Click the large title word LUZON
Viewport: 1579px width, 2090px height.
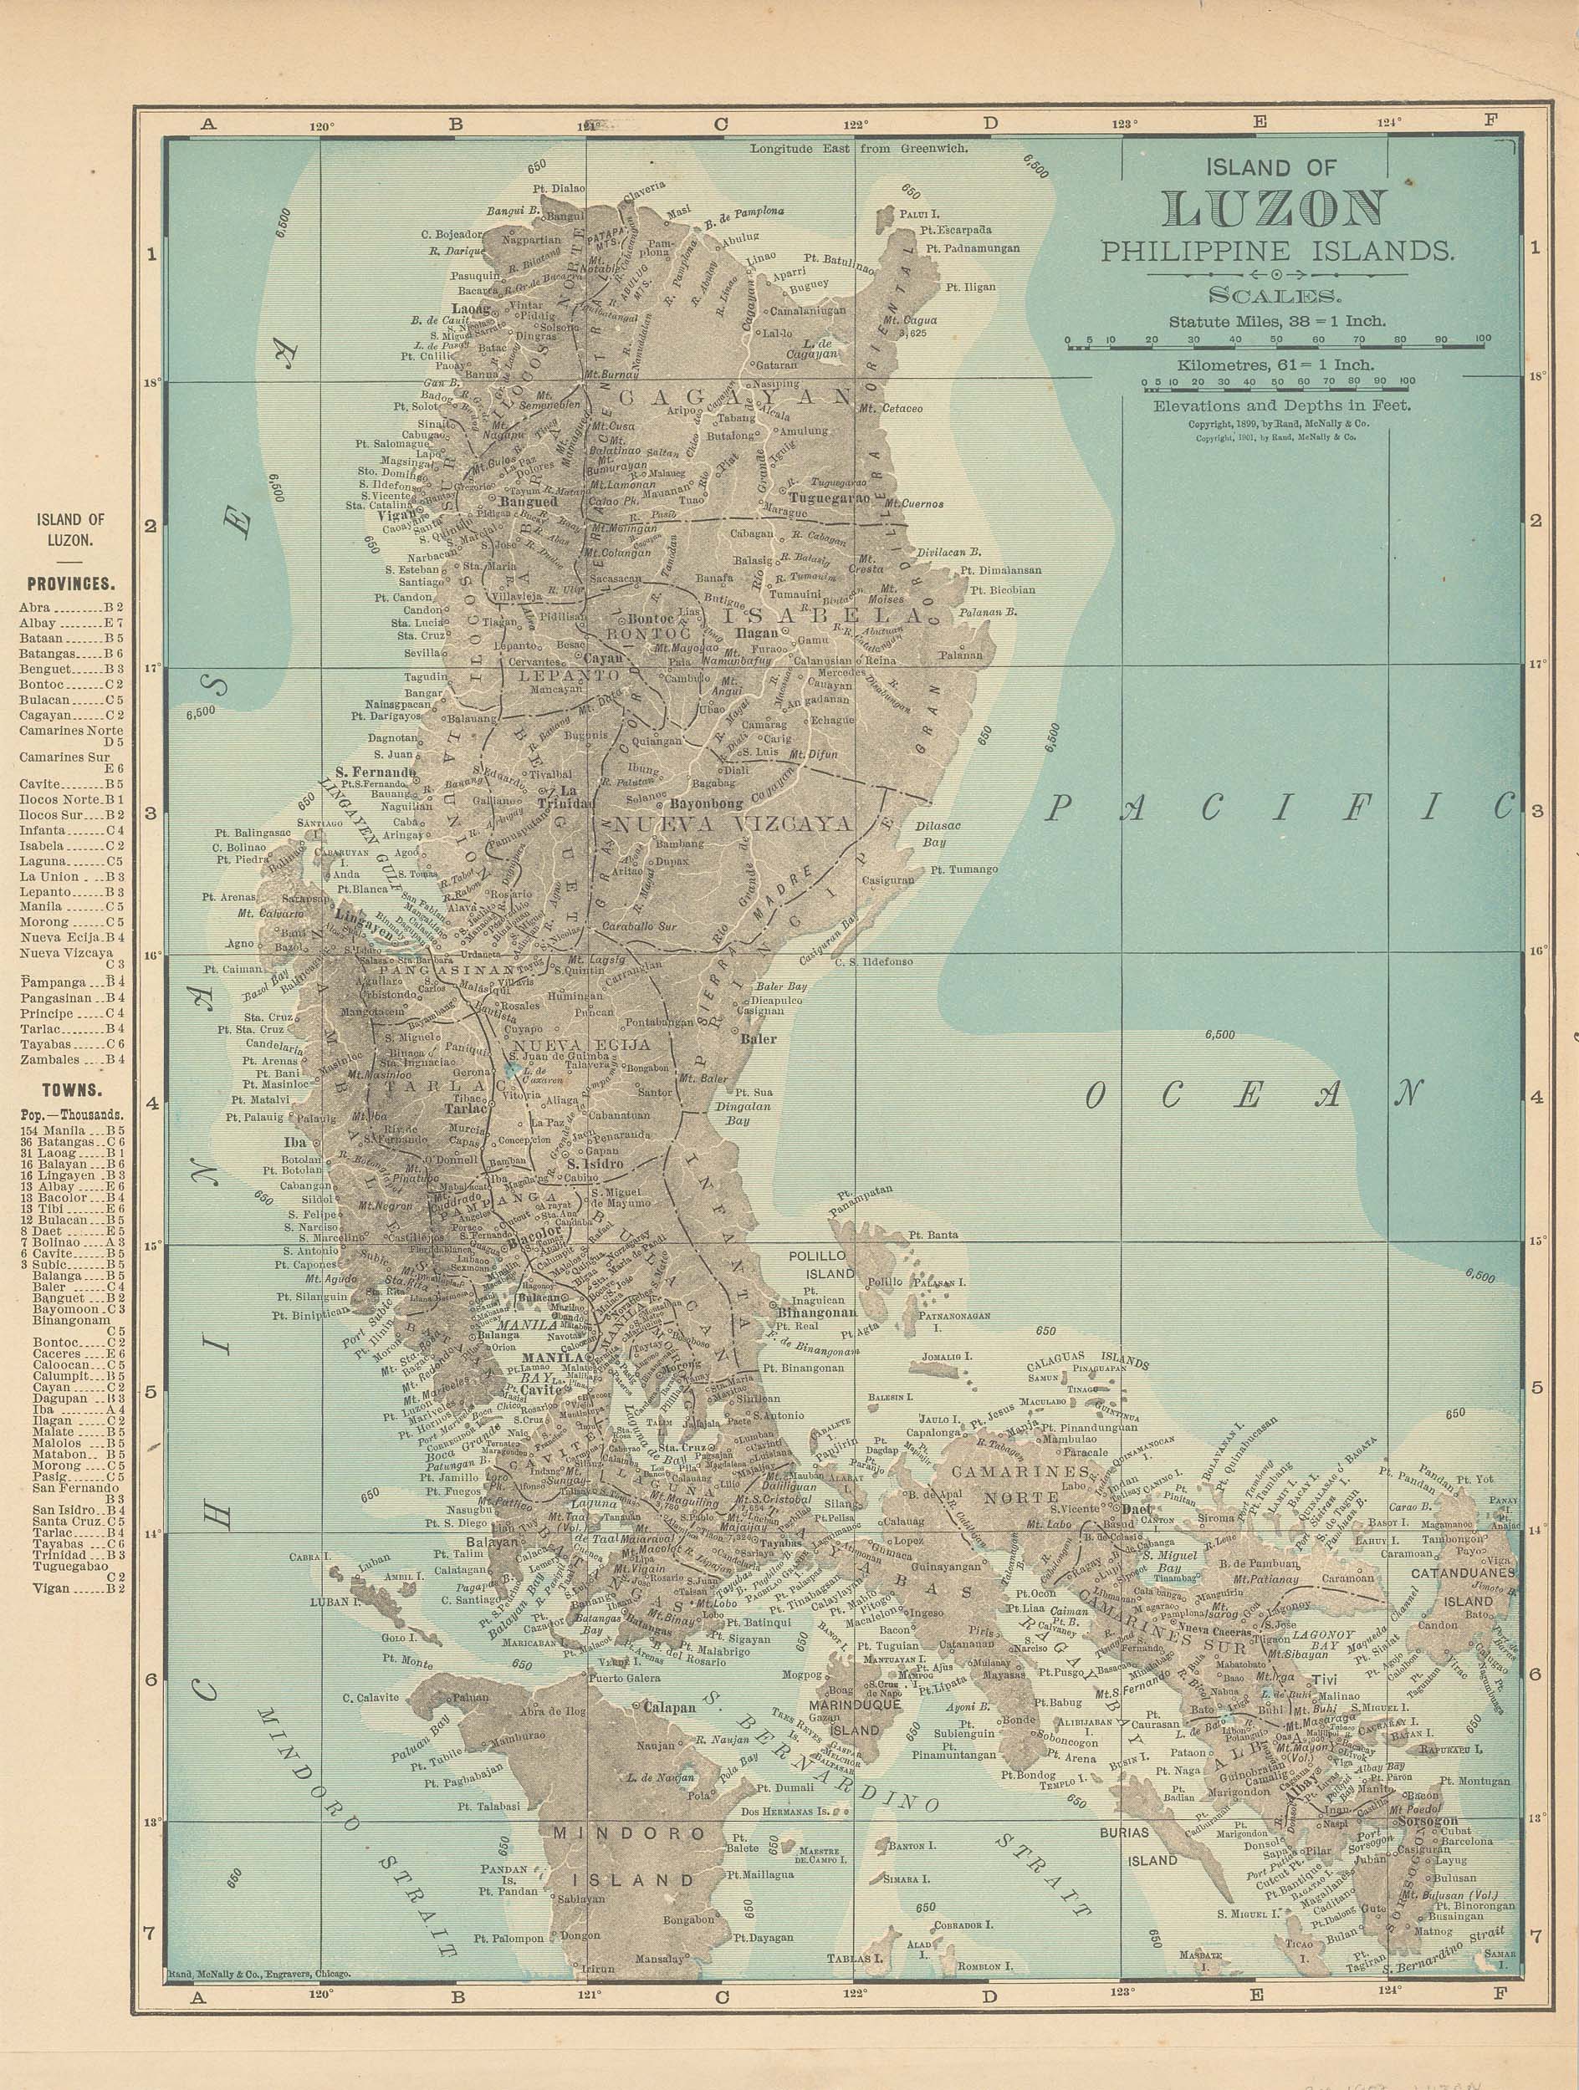tap(1275, 209)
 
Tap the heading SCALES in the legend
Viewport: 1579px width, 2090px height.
tap(1275, 295)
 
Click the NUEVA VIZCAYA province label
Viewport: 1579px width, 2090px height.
tap(733, 823)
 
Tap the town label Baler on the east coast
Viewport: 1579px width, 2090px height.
tap(759, 1039)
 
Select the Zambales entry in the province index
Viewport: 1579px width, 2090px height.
tap(71, 1060)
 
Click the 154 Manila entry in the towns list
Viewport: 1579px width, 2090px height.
tap(71, 1130)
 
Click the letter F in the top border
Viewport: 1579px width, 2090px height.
tap(1491, 121)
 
